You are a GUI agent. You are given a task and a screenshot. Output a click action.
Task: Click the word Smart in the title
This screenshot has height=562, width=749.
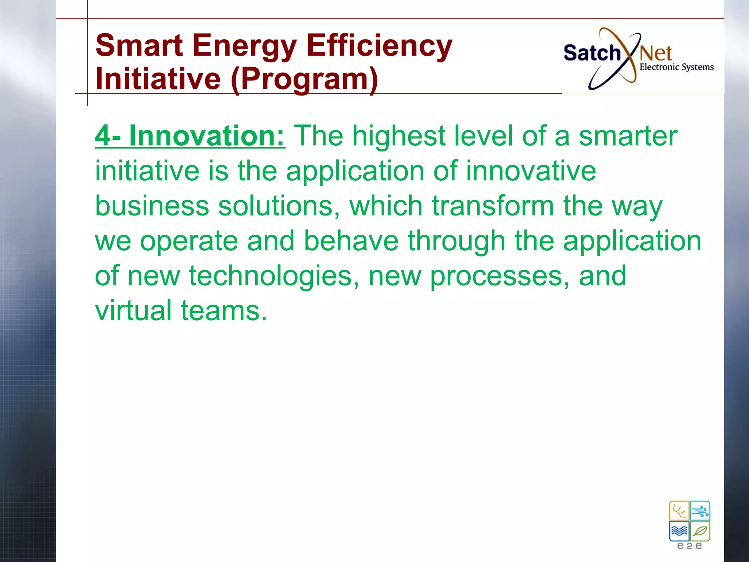point(139,46)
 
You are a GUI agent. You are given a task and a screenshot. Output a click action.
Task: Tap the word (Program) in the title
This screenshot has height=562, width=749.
point(304,79)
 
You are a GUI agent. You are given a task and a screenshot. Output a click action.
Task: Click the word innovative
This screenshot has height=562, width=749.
point(531,171)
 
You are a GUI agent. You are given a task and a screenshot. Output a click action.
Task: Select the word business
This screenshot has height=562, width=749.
point(152,206)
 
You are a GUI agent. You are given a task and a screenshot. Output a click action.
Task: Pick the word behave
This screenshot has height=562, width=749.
point(351,241)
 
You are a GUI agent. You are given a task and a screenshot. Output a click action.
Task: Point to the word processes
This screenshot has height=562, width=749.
point(500,276)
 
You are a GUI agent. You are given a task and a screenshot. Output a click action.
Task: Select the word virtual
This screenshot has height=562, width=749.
point(133,311)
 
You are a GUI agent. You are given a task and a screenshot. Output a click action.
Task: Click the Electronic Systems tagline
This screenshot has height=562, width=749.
point(677,67)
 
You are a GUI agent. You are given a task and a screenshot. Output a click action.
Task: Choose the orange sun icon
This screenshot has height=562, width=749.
point(679,511)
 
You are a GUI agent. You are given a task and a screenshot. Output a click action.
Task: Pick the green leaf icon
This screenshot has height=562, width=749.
point(700,531)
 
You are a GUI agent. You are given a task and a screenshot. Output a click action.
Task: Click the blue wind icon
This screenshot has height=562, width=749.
point(700,511)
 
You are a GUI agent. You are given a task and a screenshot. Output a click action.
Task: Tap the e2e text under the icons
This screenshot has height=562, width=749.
point(689,546)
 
